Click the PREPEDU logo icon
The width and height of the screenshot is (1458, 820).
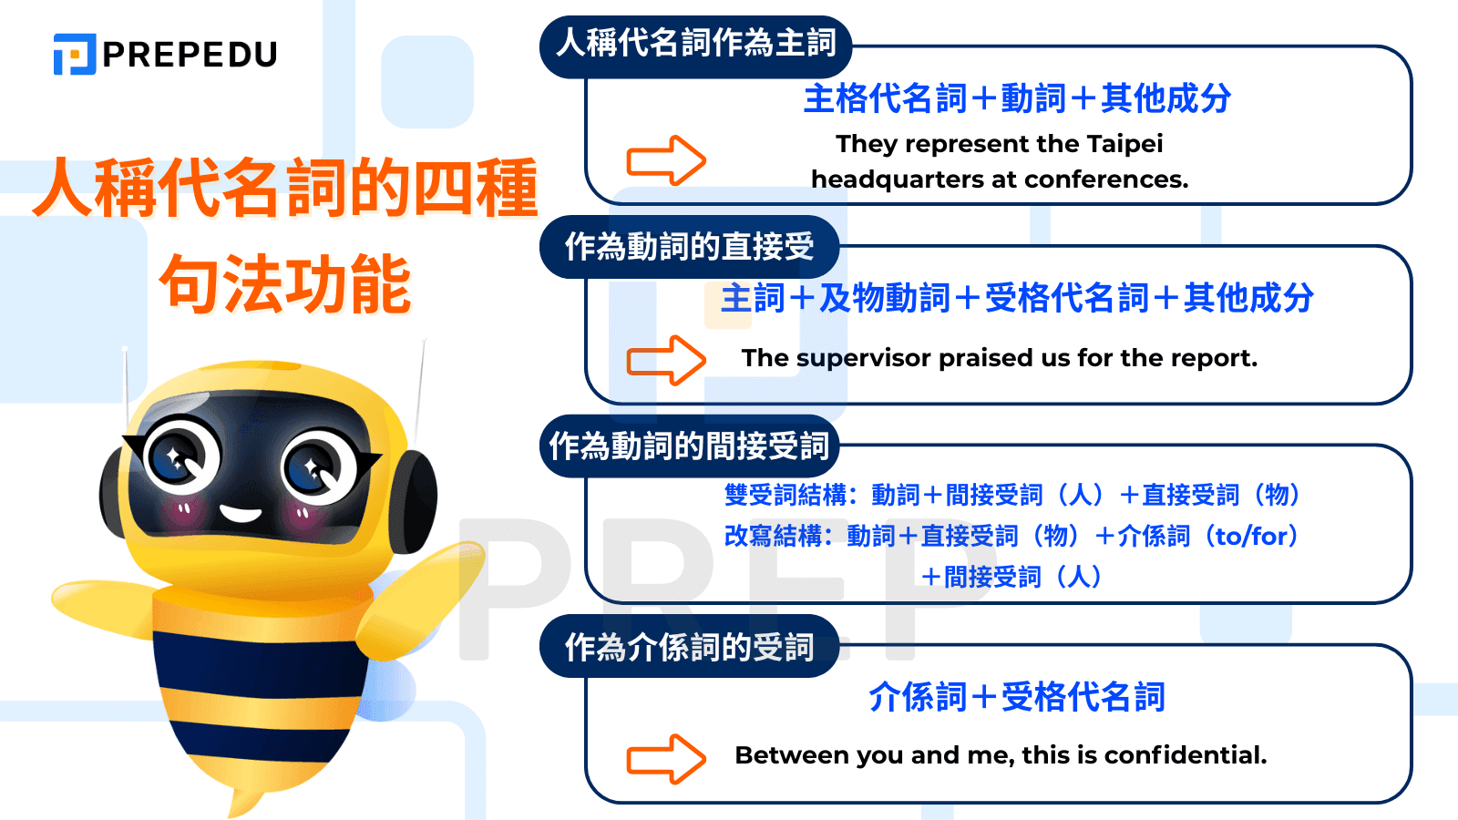point(75,54)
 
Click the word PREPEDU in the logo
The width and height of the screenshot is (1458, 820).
point(190,55)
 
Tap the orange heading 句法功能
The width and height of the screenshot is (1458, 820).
point(285,284)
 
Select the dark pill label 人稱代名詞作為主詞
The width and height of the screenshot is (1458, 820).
point(695,44)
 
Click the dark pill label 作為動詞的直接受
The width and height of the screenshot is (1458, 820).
point(689,247)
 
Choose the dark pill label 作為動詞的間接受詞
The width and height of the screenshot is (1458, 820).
point(689,446)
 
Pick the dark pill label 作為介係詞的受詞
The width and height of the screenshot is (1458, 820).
point(689,647)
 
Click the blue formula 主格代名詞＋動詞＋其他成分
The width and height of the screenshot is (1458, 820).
point(1017,98)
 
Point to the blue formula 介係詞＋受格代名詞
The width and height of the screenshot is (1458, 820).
point(1017,697)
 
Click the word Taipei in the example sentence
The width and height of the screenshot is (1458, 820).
point(1124,144)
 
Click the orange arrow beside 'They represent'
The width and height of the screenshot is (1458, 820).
point(666,161)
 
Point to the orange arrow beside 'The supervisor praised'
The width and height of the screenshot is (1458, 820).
point(666,361)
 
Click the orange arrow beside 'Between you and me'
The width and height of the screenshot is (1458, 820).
point(666,759)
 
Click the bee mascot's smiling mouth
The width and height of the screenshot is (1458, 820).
point(241,513)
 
